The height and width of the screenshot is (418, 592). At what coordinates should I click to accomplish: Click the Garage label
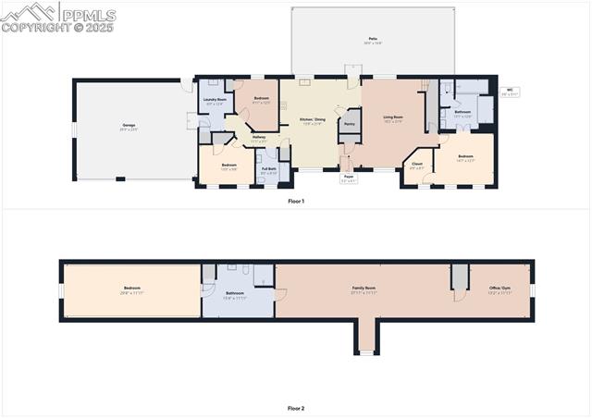128,125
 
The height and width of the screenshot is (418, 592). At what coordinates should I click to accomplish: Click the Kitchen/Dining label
313,119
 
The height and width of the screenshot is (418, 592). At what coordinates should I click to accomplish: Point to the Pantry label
350,123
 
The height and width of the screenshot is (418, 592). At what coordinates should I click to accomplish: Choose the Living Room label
393,117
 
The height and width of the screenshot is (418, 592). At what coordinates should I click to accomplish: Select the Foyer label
349,176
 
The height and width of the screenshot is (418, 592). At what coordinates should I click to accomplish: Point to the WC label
508,91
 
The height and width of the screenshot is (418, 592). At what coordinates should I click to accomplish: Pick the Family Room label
364,289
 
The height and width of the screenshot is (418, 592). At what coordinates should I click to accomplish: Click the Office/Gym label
499,289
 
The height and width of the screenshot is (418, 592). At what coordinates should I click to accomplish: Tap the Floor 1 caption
296,200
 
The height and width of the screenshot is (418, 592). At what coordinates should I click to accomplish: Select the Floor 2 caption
296,407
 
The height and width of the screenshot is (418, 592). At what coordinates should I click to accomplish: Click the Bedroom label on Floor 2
132,289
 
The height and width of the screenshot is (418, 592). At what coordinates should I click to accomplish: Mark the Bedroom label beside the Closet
465,157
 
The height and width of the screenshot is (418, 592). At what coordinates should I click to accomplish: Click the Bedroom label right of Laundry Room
262,98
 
